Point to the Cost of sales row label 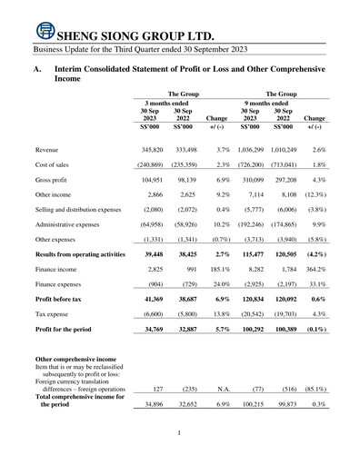pyautogui.click(x=54, y=167)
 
